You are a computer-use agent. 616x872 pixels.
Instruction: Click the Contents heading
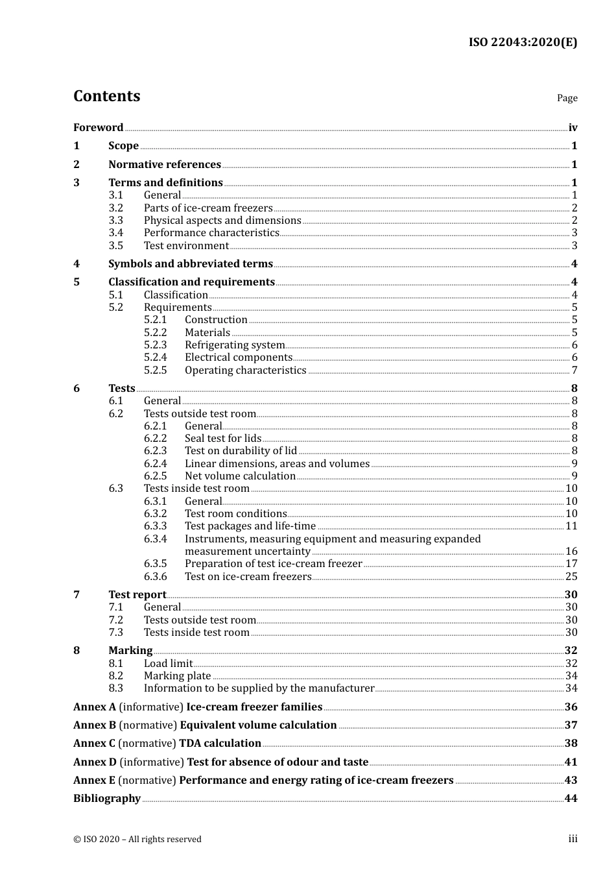click(x=106, y=96)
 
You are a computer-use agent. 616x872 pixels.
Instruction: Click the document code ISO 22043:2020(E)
click(x=523, y=42)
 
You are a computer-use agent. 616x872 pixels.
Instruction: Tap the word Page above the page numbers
click(x=567, y=98)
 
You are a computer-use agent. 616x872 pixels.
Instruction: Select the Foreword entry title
click(x=98, y=128)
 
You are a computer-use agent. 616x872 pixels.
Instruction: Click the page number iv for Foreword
click(x=573, y=128)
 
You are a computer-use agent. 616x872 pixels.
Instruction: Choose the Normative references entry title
click(x=165, y=165)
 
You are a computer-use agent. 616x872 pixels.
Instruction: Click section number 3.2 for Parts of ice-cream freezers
click(x=115, y=208)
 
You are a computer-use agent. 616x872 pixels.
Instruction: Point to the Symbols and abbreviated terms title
click(x=191, y=264)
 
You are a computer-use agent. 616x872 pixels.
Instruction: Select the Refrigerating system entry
click(x=235, y=345)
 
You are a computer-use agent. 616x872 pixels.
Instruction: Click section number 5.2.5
click(x=155, y=370)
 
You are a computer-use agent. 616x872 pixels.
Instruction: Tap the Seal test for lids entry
click(x=223, y=439)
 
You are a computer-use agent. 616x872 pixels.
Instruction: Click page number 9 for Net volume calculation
click(x=575, y=476)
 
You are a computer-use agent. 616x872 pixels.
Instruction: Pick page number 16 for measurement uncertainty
click(x=571, y=551)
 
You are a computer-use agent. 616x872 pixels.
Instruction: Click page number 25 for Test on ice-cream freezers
click(x=571, y=577)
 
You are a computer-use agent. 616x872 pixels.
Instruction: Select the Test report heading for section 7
click(x=137, y=595)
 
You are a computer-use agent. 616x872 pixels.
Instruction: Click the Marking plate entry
click(x=177, y=676)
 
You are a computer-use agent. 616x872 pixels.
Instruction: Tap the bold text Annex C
click(x=95, y=744)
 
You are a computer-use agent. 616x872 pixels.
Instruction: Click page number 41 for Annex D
click(x=571, y=762)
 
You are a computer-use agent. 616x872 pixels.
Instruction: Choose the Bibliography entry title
click(x=107, y=799)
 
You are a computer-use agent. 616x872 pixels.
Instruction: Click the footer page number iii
click(x=573, y=839)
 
